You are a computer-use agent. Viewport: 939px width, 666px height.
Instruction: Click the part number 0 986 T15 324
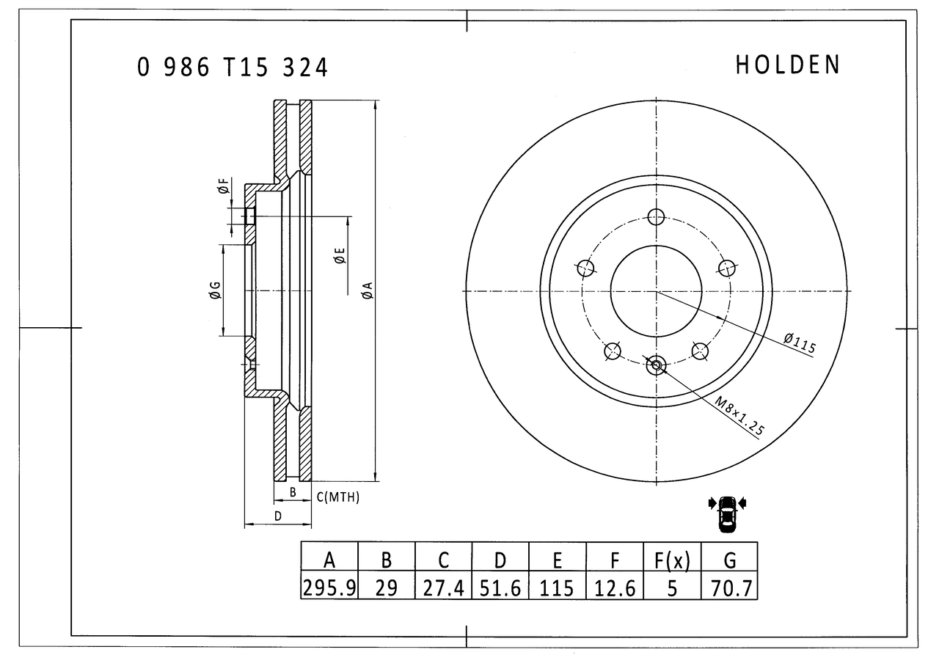coord(233,67)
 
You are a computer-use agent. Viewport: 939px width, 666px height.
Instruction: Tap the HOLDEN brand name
coord(788,65)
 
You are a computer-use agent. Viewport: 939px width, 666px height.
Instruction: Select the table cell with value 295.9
coord(329,588)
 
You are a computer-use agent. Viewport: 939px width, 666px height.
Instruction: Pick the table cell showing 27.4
coord(444,588)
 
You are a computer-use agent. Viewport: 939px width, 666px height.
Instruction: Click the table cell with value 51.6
coord(500,588)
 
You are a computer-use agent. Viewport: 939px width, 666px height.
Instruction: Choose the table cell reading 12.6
coord(615,588)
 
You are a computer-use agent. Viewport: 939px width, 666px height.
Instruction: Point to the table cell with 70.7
coord(729,588)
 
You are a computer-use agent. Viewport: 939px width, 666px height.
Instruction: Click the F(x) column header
coord(672,560)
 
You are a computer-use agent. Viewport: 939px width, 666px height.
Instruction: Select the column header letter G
coord(730,560)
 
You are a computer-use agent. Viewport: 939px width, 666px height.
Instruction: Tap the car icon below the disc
coord(727,514)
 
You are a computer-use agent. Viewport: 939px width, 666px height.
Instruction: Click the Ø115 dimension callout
coord(800,343)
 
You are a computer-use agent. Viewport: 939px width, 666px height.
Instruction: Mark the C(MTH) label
coord(338,497)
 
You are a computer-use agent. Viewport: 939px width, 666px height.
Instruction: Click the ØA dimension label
coord(368,290)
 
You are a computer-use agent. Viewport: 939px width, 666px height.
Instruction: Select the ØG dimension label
coord(215,290)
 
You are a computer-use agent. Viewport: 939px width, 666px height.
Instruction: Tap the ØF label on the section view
coord(224,186)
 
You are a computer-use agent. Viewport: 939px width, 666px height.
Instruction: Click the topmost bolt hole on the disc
coord(656,217)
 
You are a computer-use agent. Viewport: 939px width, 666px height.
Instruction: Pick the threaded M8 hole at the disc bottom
coord(656,365)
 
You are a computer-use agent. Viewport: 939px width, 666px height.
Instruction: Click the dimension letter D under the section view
coord(278,516)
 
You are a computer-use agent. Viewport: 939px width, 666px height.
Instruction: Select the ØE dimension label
coord(340,255)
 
